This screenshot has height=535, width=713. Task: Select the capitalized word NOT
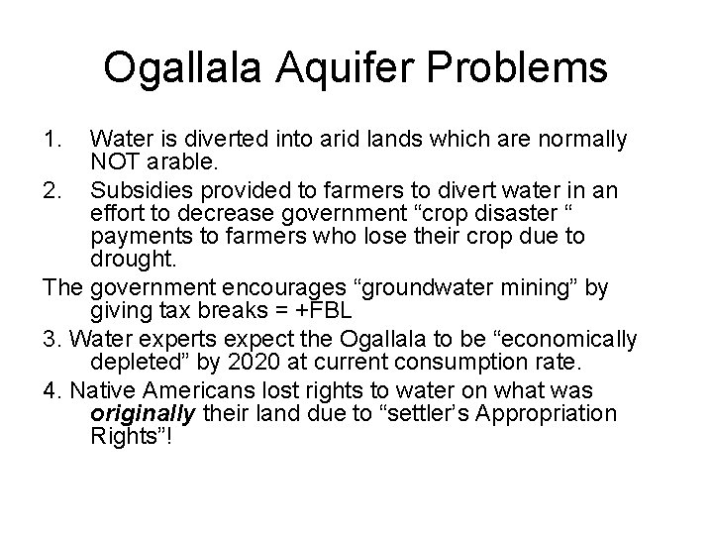(112, 162)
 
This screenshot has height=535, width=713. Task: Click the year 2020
(309, 363)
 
